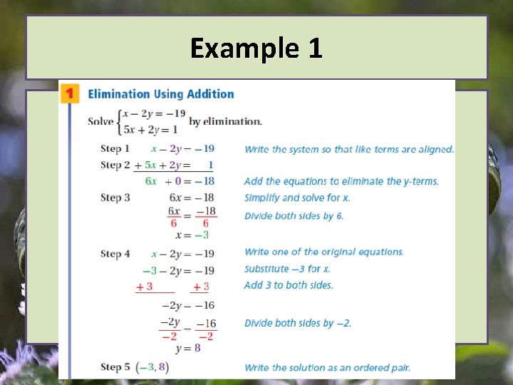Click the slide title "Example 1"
point(256,48)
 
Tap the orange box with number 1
point(69,93)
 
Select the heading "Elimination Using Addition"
point(160,93)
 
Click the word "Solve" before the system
point(101,120)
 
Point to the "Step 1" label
point(115,149)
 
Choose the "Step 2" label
point(115,165)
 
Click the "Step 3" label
point(115,197)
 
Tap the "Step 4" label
point(115,254)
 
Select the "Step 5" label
point(115,367)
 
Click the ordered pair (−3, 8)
point(152,367)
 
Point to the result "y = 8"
point(188,349)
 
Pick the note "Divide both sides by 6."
point(294,215)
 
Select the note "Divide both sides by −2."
point(298,323)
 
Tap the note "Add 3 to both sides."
point(289,285)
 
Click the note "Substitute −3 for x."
point(287,269)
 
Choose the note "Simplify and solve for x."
point(297,197)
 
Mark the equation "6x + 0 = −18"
point(180,181)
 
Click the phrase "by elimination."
point(225,121)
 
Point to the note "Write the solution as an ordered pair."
point(327,368)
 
